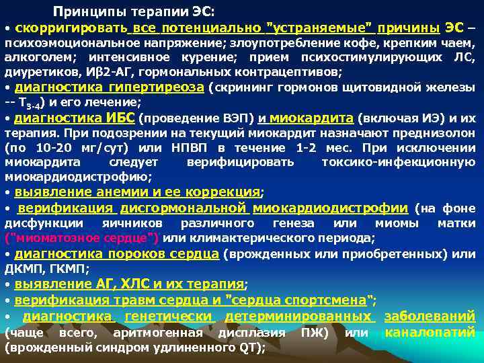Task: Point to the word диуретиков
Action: point(36,71)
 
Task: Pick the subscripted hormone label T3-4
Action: point(34,104)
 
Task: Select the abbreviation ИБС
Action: point(120,119)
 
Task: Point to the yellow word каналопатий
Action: point(430,332)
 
